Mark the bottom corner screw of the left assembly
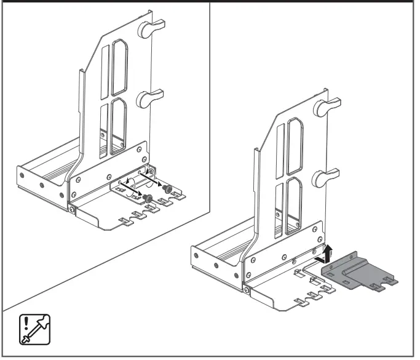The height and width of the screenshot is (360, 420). pyautogui.click(x=73, y=211)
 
